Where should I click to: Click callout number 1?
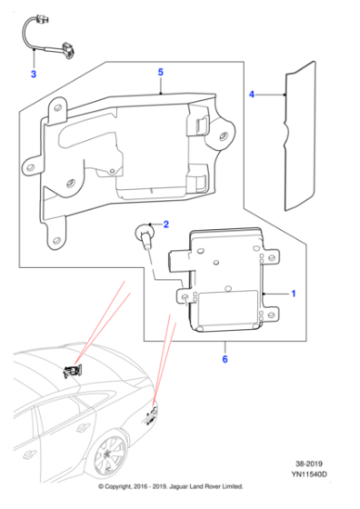pyautogui.click(x=293, y=294)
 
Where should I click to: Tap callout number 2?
pyautogui.click(x=165, y=224)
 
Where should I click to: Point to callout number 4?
pyautogui.click(x=253, y=94)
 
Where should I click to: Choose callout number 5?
pyautogui.click(x=160, y=72)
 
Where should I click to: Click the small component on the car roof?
pyautogui.click(x=73, y=370)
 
